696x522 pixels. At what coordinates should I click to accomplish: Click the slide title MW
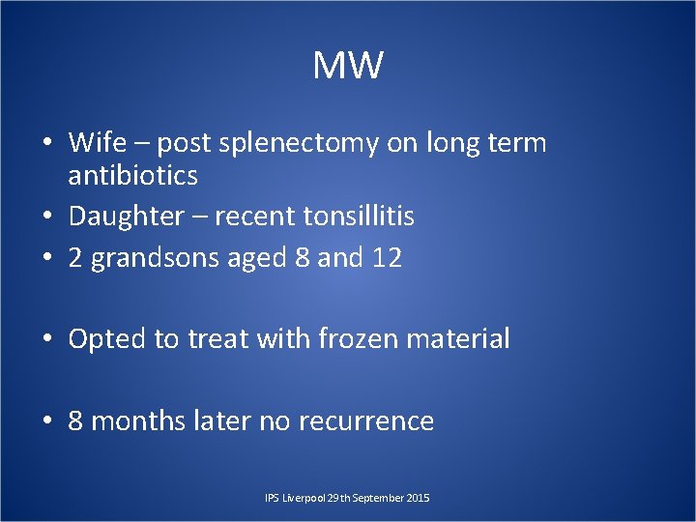click(x=348, y=67)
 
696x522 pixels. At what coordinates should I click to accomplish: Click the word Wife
click(x=97, y=143)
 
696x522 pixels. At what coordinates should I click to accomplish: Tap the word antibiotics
click(x=132, y=176)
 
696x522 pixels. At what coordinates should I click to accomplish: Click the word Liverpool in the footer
click(x=303, y=498)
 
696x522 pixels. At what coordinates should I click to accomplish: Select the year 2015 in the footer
click(x=418, y=498)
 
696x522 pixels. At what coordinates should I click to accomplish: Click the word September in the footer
click(x=377, y=498)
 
